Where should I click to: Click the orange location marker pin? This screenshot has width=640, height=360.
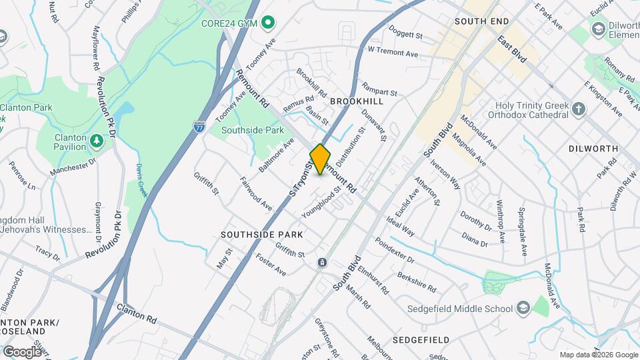click(x=321, y=159)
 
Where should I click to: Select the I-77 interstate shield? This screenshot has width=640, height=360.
click(x=199, y=125)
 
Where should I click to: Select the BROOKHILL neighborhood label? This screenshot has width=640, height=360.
click(x=357, y=101)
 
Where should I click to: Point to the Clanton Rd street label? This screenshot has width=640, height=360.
click(x=136, y=314)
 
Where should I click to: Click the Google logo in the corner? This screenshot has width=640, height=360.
click(x=21, y=351)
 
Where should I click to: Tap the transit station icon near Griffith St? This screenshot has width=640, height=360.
click(x=322, y=263)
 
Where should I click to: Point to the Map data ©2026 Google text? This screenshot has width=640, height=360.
click(x=598, y=355)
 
